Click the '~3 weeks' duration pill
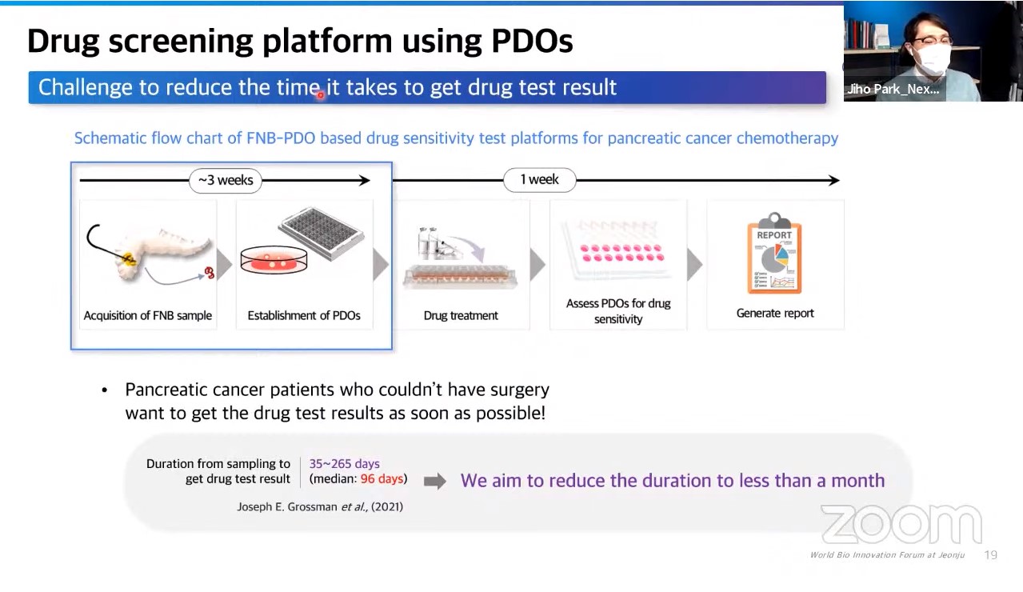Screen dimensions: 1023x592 (225, 181)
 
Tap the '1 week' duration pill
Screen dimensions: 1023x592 (539, 179)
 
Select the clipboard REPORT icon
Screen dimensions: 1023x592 (774, 253)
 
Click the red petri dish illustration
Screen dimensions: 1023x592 (274, 259)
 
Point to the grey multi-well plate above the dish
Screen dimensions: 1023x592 (322, 233)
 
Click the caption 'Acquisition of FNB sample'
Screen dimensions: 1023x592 (147, 315)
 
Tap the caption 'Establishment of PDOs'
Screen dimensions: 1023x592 (304, 315)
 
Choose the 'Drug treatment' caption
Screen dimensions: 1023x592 (461, 315)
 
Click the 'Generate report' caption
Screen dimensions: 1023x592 (775, 313)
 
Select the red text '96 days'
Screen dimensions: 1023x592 (382, 478)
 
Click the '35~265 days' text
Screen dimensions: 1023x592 (345, 464)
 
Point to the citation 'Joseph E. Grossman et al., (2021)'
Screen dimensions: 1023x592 (320, 506)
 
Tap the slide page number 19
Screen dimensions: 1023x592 (990, 554)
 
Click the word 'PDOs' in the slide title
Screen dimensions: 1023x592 (532, 41)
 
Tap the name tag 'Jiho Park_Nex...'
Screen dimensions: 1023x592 (893, 89)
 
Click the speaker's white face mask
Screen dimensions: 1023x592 (934, 58)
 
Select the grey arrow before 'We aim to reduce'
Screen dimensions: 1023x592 (435, 481)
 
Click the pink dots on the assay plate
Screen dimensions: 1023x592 (621, 253)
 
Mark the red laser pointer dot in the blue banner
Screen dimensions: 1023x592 (321, 95)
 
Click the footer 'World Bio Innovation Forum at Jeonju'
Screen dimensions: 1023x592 (887, 554)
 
